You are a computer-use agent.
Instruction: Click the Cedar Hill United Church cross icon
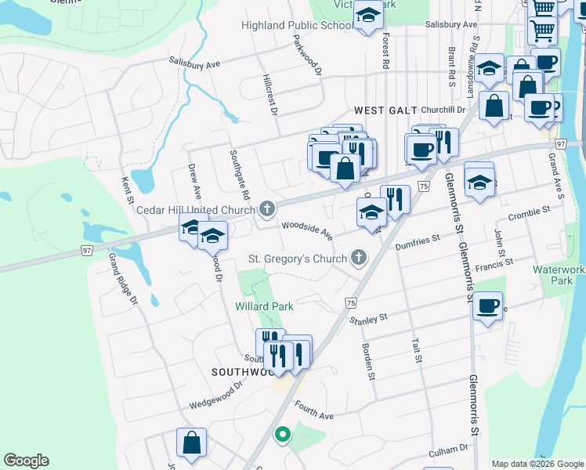pos(267,209)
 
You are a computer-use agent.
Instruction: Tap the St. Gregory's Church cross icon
pos(359,258)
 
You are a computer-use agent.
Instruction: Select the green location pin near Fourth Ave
pos(282,433)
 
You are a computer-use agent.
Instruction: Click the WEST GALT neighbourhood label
pos(385,110)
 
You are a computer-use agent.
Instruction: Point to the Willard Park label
pos(265,306)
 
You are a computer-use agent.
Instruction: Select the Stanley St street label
pos(368,318)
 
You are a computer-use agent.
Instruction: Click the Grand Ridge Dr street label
pos(122,278)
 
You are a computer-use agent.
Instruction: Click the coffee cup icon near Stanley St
pos(487,306)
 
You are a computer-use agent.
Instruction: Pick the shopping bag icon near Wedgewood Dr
pos(190,443)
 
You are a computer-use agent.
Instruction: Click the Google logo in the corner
pos(26,461)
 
